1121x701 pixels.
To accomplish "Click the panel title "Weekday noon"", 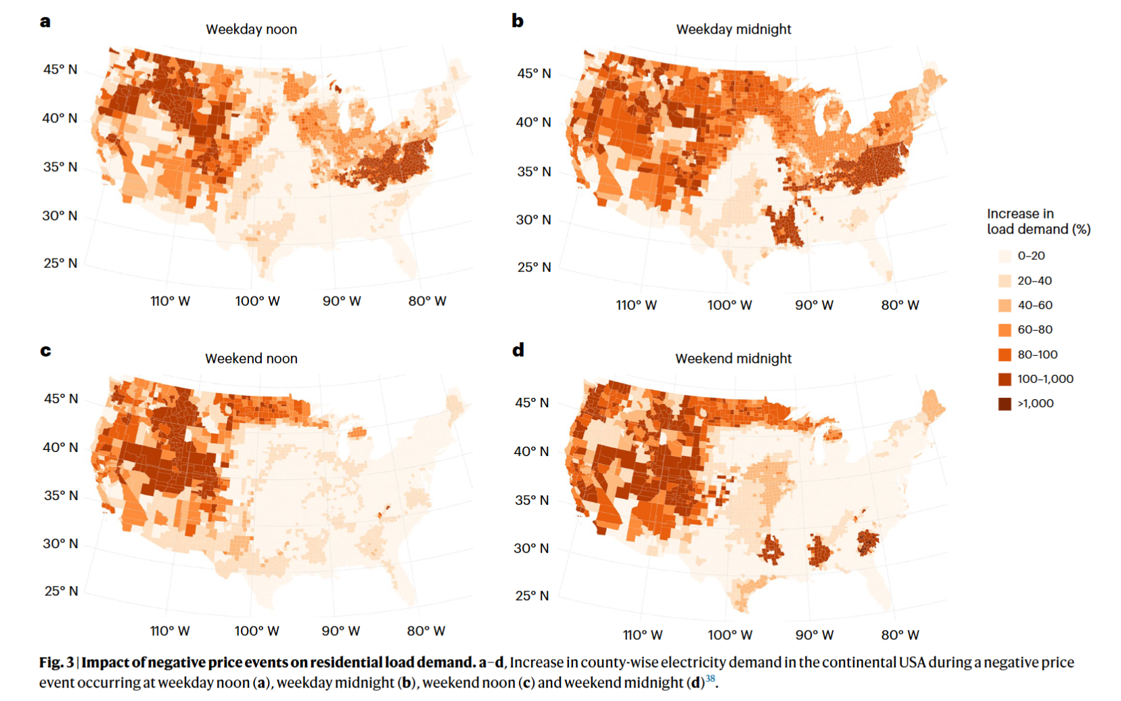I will pyautogui.click(x=251, y=29).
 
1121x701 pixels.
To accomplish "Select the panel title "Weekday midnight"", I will pyautogui.click(x=733, y=29).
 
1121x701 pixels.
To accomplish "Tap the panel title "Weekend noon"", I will pyautogui.click(x=251, y=359).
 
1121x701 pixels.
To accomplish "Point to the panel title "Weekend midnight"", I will pyautogui.click(x=733, y=359).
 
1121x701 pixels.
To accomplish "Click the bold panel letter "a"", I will pyautogui.click(x=45, y=21).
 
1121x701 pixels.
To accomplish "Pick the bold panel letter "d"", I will pyautogui.click(x=518, y=350).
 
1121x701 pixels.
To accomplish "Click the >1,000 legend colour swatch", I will pyautogui.click(x=1005, y=404).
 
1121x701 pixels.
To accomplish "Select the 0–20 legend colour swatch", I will pyautogui.click(x=1005, y=256).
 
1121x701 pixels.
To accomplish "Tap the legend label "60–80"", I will pyautogui.click(x=1035, y=330).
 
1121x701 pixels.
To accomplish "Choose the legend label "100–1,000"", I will pyautogui.click(x=1045, y=379).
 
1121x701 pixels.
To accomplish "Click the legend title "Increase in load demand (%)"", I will pyautogui.click(x=1038, y=221).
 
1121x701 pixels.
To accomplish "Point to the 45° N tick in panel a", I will pyautogui.click(x=60, y=70).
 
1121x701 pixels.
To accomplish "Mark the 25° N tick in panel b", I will pyautogui.click(x=534, y=267).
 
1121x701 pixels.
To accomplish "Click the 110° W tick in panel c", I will pyautogui.click(x=170, y=631).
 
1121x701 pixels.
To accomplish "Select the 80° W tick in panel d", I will pyautogui.click(x=900, y=635).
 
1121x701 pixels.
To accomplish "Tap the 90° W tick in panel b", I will pyautogui.click(x=814, y=305).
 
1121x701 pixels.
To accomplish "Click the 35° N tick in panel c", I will pyautogui.click(x=60, y=495).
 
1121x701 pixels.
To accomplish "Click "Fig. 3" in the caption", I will pyautogui.click(x=56, y=662).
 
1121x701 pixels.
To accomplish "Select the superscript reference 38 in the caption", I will pyautogui.click(x=710, y=679).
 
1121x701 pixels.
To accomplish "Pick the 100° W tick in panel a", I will pyautogui.click(x=257, y=301).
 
